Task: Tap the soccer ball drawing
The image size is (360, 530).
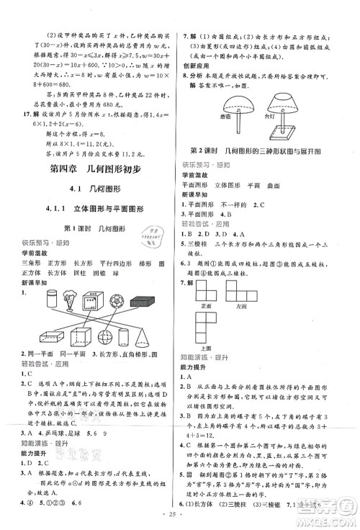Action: click(x=115, y=300)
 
